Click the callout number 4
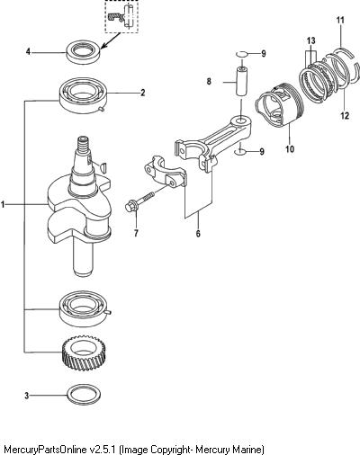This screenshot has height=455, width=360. (x=28, y=52)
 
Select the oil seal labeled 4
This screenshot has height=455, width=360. (x=83, y=52)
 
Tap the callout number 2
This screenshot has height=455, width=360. (x=143, y=93)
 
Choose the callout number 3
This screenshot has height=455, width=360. (x=27, y=396)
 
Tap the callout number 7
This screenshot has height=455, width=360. (x=136, y=233)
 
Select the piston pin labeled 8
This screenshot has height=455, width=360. (x=241, y=81)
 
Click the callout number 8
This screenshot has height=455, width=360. (x=209, y=81)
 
